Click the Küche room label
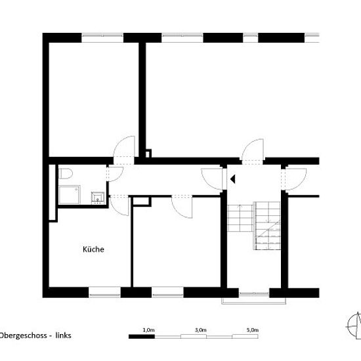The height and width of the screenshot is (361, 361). (93, 249)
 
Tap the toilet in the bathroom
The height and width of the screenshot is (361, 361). (66, 173)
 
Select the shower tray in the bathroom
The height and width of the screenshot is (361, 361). (70, 195)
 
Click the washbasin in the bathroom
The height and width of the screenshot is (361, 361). (98, 198)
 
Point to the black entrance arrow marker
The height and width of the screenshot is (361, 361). (233, 179)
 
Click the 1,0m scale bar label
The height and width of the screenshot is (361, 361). (149, 330)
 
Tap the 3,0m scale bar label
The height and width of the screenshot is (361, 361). (201, 330)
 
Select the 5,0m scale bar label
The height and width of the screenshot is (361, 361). (253, 330)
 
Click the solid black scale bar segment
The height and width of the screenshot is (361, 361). (142, 337)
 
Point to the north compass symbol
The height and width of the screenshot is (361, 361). (354, 326)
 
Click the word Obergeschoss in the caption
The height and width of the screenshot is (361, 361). (23, 335)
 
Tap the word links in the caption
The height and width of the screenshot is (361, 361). (63, 335)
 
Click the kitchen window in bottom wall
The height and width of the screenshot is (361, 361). (105, 292)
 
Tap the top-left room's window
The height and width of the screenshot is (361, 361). (102, 38)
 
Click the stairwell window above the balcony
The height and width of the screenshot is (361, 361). (254, 293)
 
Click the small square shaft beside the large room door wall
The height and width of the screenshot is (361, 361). (148, 154)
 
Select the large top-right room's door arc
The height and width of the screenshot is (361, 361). (247, 145)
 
